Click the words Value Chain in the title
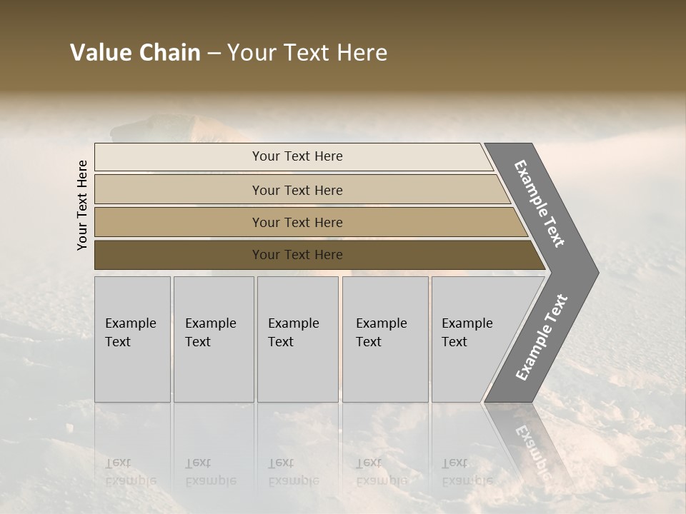(135, 53)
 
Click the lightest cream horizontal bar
(179, 157)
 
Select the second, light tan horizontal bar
(179, 190)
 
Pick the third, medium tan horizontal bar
(179, 223)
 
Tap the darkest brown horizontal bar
(179, 255)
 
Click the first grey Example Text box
(132, 371)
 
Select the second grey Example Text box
(213, 371)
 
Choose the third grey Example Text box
(297, 371)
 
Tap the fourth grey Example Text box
(385, 371)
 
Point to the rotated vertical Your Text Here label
(82, 206)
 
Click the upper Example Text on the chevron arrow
(540, 204)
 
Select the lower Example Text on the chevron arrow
(541, 338)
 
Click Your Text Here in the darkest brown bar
(297, 255)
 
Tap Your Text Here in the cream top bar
(297, 156)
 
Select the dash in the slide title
(214, 54)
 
